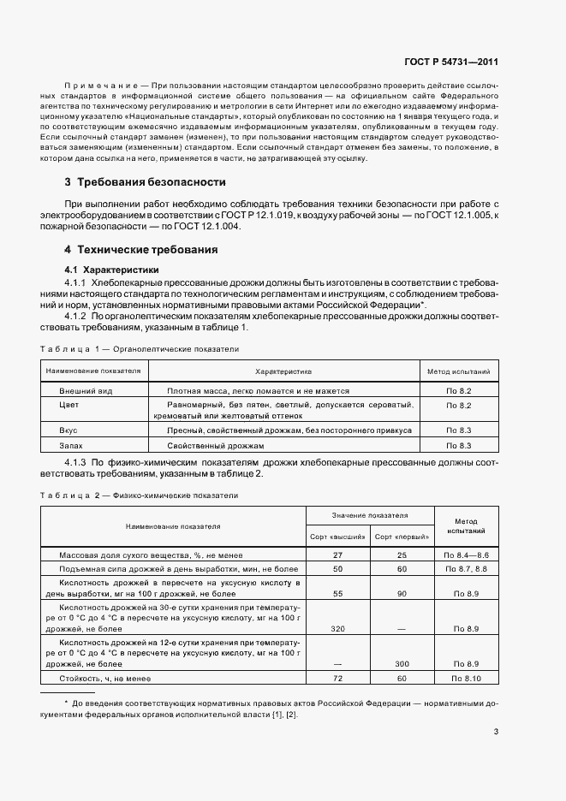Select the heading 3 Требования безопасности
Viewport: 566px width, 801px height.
pyautogui.click(x=145, y=182)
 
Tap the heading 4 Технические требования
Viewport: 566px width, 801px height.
pyautogui.click(x=141, y=250)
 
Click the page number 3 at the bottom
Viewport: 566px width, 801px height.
pyautogui.click(x=496, y=731)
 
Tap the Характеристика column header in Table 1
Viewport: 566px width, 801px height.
pyautogui.click(x=283, y=372)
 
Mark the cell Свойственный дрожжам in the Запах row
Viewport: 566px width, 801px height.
pyautogui.click(x=216, y=446)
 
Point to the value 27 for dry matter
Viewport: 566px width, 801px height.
pyautogui.click(x=337, y=555)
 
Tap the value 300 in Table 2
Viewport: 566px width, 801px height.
pyautogui.click(x=402, y=663)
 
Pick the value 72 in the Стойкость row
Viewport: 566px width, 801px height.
pyautogui.click(x=337, y=678)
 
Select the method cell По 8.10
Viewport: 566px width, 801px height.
pyautogui.click(x=465, y=678)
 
